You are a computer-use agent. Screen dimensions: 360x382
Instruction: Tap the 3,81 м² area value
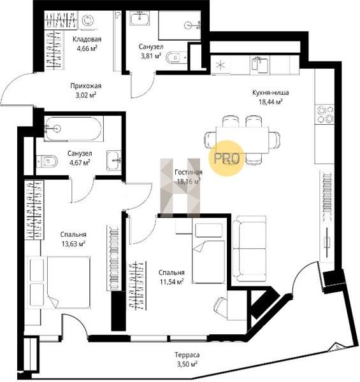pyautogui.click(x=151, y=56)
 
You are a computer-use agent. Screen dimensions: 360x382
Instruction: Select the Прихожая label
pyautogui.click(x=86, y=86)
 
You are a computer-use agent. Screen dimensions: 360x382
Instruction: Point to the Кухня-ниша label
pyautogui.click(x=271, y=92)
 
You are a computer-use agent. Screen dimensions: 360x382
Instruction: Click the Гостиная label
pyautogui.click(x=189, y=173)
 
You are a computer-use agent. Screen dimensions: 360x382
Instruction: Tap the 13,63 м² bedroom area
pyautogui.click(x=73, y=244)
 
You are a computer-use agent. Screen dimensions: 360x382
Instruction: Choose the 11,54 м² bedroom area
pyautogui.click(x=171, y=282)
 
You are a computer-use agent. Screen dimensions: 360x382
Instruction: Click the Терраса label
pyautogui.click(x=187, y=355)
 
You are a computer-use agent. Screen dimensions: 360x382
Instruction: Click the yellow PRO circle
pyautogui.click(x=226, y=158)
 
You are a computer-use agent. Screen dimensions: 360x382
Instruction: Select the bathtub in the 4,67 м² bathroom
pyautogui.click(x=73, y=129)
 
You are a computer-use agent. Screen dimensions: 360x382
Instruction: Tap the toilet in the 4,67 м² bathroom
pyautogui.click(x=47, y=161)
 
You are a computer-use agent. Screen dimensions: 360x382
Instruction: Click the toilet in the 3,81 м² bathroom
pyautogui.click(x=176, y=57)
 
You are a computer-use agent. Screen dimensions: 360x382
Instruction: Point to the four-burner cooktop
pyautogui.click(x=325, y=114)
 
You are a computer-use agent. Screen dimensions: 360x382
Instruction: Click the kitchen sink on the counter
pyautogui.click(x=261, y=64)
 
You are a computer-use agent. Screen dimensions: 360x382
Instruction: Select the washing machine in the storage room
pyautogui.click(x=87, y=21)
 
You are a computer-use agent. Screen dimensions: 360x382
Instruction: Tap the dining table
pyautogui.click(x=242, y=140)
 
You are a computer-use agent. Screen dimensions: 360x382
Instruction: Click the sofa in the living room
pyautogui.click(x=249, y=248)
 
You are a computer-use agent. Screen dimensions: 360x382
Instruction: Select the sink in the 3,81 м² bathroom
pyautogui.click(x=140, y=18)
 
